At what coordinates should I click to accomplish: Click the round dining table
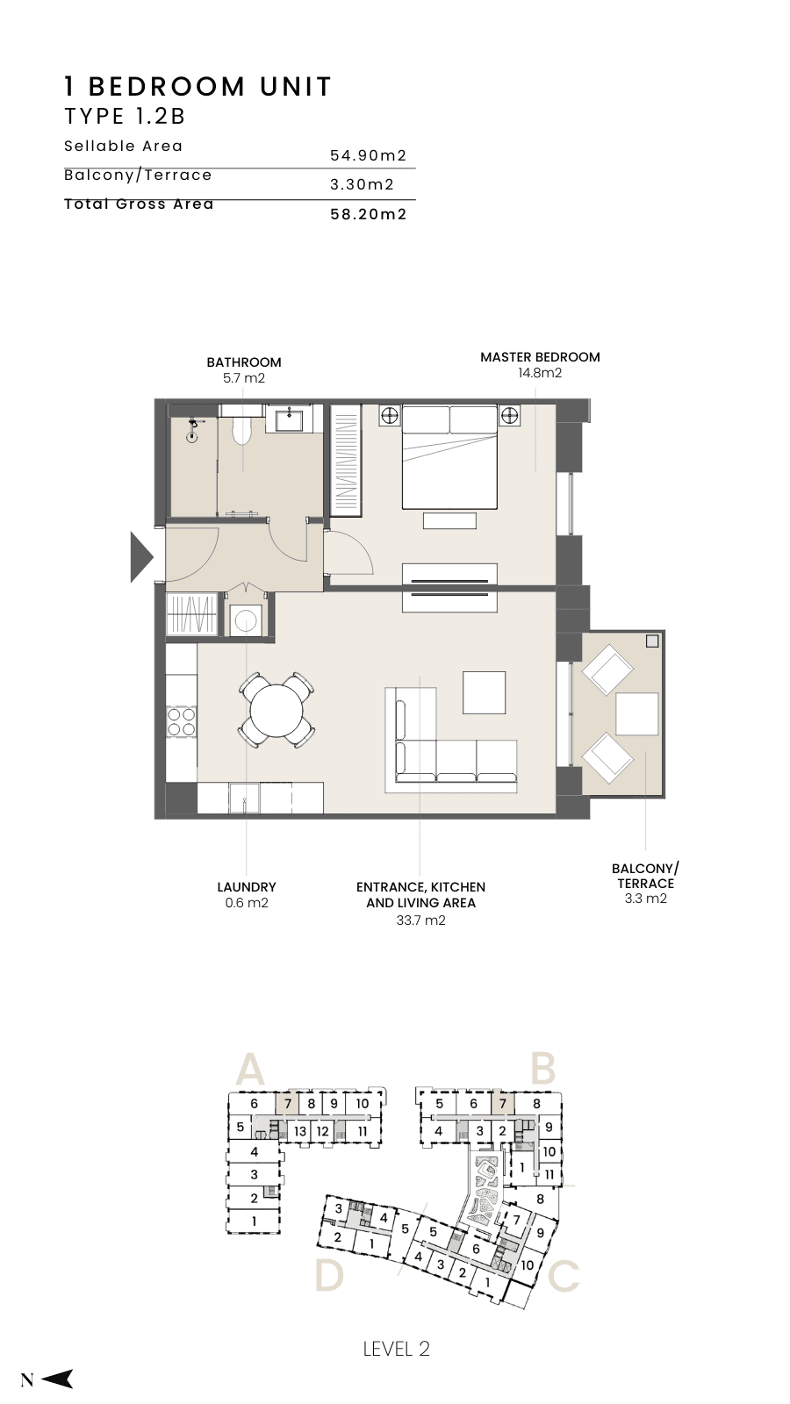point(276,711)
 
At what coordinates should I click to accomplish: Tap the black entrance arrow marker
point(141,556)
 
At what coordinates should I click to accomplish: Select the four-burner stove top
point(181,720)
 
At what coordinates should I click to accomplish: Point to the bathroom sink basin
point(289,418)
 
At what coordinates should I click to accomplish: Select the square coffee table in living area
point(484,692)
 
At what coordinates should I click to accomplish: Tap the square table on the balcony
point(637,714)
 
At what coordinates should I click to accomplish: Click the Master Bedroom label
point(540,356)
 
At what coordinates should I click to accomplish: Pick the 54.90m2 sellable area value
point(369,155)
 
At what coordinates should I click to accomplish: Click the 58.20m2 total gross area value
point(369,214)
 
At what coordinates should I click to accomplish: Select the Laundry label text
point(247,887)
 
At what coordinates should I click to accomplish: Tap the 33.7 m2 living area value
point(420,920)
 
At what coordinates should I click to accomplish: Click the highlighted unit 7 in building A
point(288,1104)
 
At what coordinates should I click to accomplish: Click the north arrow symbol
point(57,1379)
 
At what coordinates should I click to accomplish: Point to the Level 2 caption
point(397,1349)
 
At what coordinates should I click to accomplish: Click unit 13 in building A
point(300,1131)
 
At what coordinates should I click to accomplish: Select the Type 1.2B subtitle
point(125,116)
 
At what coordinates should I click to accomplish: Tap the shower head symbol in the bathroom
point(193,424)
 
